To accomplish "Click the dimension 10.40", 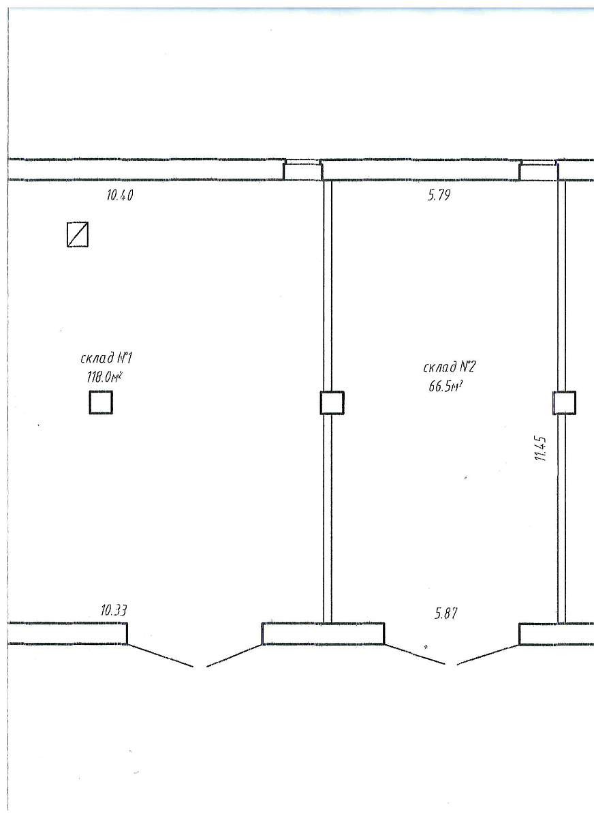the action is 120,196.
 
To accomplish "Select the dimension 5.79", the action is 439,195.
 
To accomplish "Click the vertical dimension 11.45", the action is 540,449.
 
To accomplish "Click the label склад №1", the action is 106,358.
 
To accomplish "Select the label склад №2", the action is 449,367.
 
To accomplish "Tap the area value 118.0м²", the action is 104,376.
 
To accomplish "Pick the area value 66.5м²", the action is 443,387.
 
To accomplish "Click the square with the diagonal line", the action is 78,234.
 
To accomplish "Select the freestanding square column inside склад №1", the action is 101,402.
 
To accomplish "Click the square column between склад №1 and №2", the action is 332,403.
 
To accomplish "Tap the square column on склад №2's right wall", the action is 564,403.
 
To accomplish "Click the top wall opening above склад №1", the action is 302,170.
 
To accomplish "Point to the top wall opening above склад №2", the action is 539,170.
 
